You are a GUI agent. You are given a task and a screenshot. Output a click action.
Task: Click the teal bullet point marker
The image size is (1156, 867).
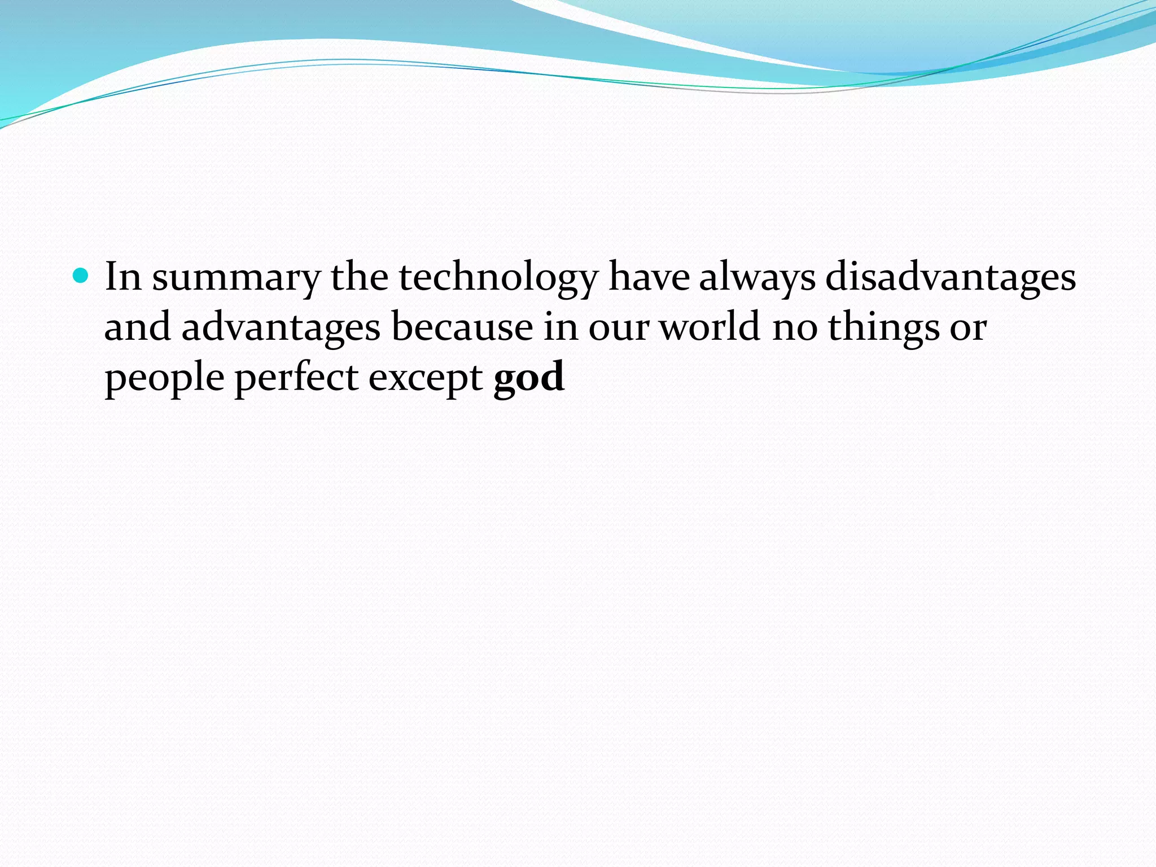(82, 276)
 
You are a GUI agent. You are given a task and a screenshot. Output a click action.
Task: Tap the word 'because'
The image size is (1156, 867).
(462, 327)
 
